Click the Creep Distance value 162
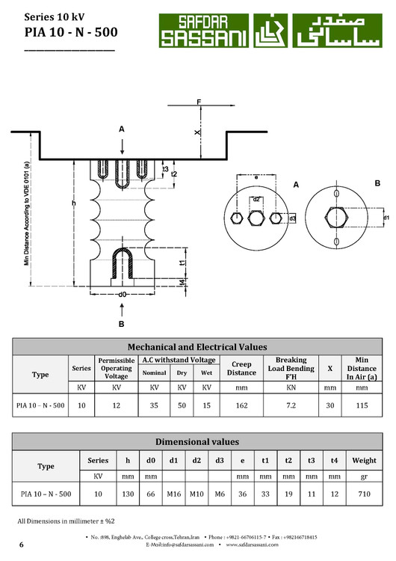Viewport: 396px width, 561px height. point(241,405)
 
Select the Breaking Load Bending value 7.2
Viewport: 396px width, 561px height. point(291,405)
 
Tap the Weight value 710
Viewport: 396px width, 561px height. point(364,494)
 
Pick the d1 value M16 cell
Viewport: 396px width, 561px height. point(173,494)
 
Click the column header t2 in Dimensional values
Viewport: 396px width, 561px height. point(288,461)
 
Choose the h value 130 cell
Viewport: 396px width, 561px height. point(128,494)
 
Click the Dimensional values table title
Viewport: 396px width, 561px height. point(197,441)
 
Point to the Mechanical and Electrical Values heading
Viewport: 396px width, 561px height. point(197,346)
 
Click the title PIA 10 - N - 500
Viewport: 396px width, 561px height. point(71,32)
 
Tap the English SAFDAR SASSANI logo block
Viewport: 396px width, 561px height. point(204,31)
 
